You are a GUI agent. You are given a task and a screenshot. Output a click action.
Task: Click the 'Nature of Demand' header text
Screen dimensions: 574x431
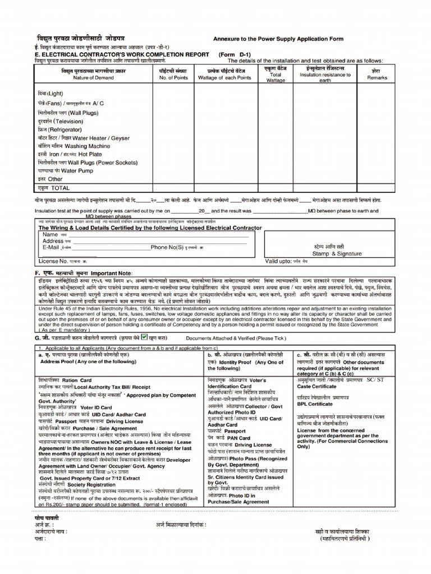point(94,78)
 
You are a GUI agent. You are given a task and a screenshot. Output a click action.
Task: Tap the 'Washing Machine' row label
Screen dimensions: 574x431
point(91,146)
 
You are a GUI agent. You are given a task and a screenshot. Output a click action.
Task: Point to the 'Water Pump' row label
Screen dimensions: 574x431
point(77,170)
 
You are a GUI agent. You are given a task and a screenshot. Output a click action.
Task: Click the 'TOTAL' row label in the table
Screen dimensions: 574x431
point(60,188)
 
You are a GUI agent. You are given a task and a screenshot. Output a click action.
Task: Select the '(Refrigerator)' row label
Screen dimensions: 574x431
point(58,129)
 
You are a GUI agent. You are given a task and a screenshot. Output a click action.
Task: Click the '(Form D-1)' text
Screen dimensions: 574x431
point(235,55)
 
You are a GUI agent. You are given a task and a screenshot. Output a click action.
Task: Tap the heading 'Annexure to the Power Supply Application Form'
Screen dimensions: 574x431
point(278,39)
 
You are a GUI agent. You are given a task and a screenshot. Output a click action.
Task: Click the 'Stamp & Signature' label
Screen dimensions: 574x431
point(337,253)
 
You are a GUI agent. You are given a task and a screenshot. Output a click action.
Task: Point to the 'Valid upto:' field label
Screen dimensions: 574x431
point(278,261)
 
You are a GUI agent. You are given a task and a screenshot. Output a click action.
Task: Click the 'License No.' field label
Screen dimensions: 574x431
point(53,261)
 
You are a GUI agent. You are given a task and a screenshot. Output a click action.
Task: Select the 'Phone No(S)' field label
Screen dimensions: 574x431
point(167,247)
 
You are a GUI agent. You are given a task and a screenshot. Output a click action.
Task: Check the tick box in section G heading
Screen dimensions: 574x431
point(144,337)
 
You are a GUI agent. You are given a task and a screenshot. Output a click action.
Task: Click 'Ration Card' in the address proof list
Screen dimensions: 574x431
point(78,380)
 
